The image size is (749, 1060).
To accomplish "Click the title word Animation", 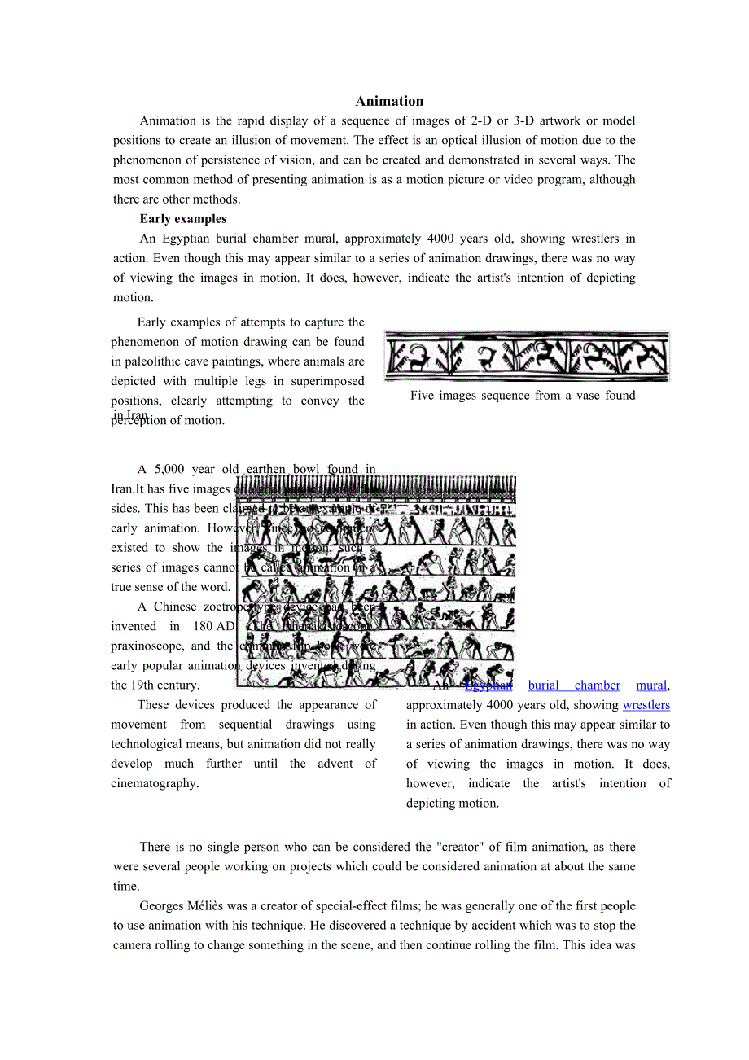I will (389, 101).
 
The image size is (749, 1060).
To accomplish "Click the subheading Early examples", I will (183, 219).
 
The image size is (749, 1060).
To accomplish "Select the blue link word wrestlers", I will (646, 705).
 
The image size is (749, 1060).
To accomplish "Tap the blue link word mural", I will (651, 685).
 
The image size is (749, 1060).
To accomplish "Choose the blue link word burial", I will (544, 685).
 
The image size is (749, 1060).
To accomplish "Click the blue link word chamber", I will (597, 685).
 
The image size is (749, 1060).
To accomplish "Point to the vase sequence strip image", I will (527, 356).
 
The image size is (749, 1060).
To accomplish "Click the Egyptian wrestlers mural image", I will (376, 581).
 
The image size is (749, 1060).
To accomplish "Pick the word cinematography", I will (155, 783).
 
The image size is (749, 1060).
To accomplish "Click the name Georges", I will (163, 906).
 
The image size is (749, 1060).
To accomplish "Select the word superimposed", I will (329, 381).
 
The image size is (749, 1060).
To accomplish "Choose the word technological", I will (151, 744).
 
